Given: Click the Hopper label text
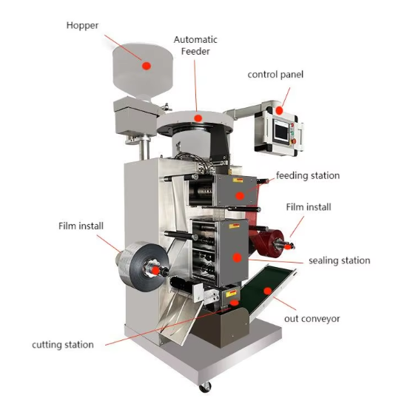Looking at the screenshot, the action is (82, 25).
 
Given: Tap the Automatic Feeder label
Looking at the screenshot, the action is (195, 45).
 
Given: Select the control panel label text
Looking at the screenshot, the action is (275, 75).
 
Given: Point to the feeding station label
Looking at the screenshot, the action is (308, 175).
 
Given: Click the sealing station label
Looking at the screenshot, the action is (339, 260).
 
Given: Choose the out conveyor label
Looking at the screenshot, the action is (312, 319).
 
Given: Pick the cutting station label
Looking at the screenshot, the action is (63, 345).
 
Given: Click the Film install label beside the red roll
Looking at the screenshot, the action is (309, 207).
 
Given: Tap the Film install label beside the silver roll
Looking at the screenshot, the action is (81, 226).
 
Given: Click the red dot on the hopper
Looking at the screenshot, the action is (147, 66).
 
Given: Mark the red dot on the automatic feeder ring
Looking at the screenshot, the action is (198, 118).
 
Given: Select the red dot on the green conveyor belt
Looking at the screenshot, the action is (268, 291).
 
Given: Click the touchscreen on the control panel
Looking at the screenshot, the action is (282, 132).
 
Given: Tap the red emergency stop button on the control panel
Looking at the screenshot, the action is (294, 141).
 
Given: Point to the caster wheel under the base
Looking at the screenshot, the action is (205, 387).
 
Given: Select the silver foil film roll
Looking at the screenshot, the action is (144, 266).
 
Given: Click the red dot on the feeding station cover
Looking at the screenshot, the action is (240, 196).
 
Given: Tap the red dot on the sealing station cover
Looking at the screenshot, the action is (237, 257).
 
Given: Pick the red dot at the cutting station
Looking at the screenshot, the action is (234, 303).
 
